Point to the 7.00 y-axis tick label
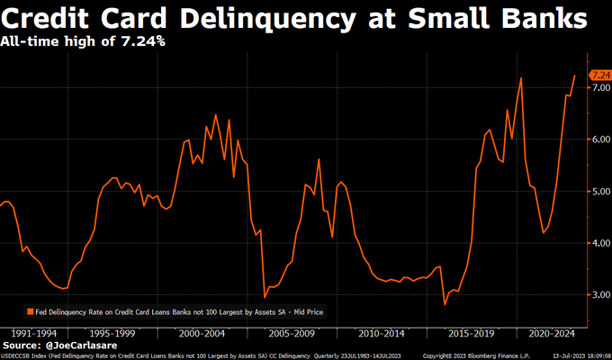click(x=599, y=88)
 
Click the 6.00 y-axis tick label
click(x=599, y=139)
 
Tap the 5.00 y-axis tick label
click(x=599, y=192)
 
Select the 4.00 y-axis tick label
click(x=599, y=243)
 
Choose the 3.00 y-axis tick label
click(x=599, y=294)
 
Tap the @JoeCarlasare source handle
click(x=89, y=345)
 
